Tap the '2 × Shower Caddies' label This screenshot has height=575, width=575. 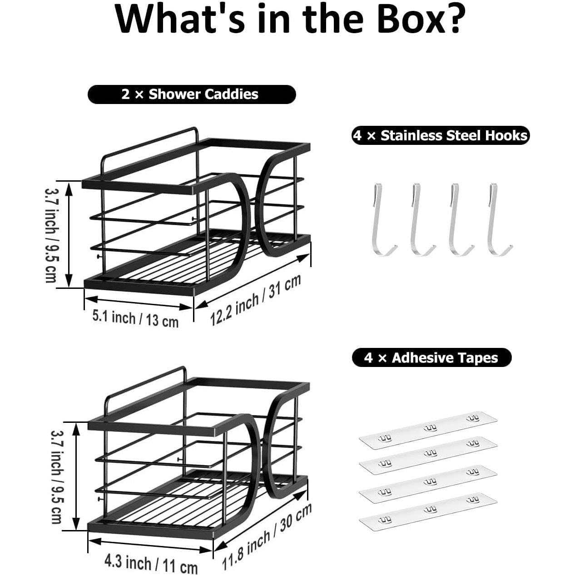coord(192,94)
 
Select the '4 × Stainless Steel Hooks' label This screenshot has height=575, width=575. coord(441,135)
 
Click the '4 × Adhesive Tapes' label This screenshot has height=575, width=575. coord(432,357)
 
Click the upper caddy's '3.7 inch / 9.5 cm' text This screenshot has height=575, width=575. coord(50,235)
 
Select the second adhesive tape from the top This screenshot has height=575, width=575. coord(428,456)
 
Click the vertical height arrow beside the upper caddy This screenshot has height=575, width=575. coord(69,235)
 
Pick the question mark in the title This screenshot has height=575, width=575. coord(454,20)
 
